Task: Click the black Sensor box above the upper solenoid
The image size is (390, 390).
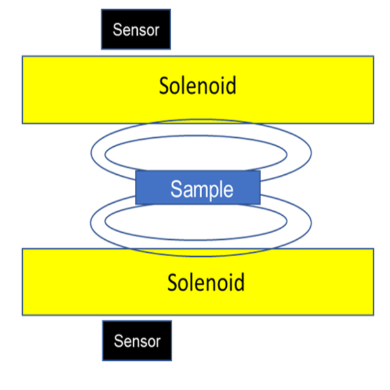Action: coord(136,29)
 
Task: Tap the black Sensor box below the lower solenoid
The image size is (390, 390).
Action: coord(136,341)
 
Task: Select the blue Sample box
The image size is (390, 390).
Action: coord(198,188)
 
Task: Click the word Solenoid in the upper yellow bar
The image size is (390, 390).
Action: coord(198,86)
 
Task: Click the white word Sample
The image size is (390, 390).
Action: coord(201,189)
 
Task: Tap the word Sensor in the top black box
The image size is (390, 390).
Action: coord(136,29)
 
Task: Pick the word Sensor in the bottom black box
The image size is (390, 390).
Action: coord(136,341)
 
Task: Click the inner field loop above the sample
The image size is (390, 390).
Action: coord(195,139)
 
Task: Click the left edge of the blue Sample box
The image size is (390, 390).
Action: coord(136,188)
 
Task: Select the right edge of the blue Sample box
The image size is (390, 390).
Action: coord(260,188)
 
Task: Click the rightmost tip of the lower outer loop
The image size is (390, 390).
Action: coord(311,221)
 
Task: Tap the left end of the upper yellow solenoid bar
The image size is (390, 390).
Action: coord(24,90)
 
